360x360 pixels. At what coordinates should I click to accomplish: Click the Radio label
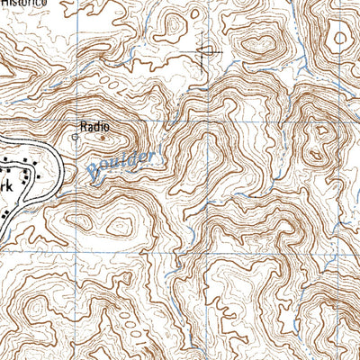(94, 128)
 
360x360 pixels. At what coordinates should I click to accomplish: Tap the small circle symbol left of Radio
(75, 139)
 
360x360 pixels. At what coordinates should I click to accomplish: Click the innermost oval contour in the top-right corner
(340, 38)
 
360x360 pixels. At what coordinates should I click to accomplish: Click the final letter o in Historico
(93, 4)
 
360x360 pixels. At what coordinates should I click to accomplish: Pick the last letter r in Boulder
(152, 154)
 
